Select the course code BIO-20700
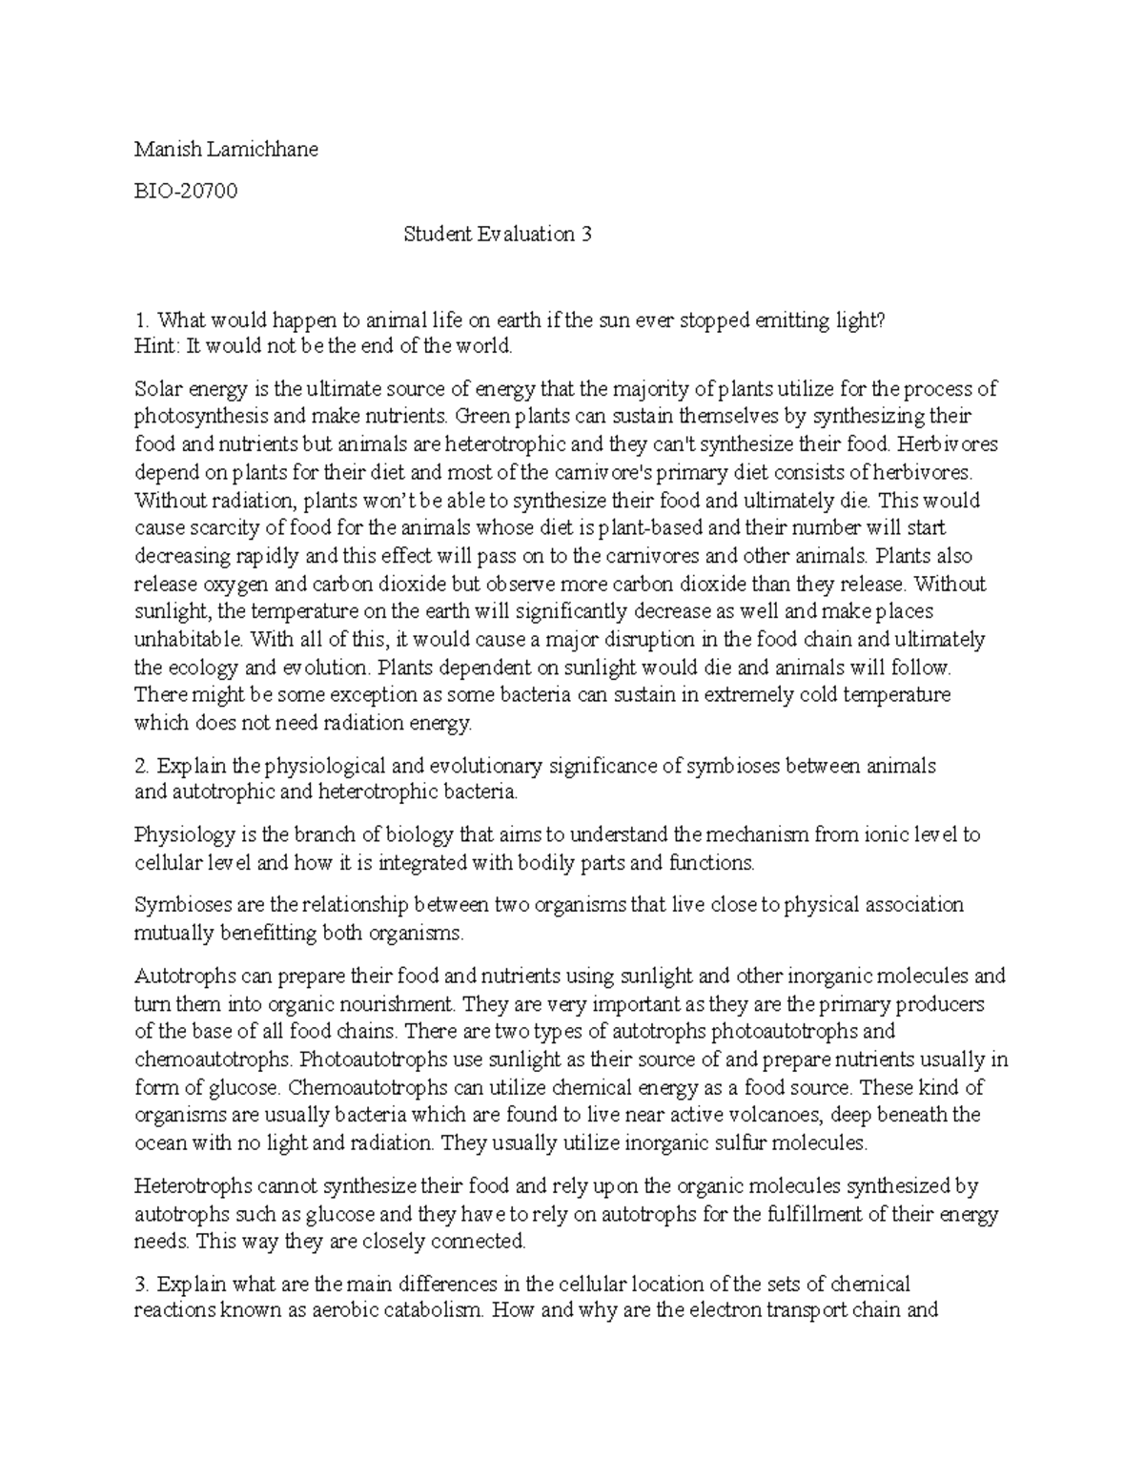pos(186,192)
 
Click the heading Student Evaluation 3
pos(497,234)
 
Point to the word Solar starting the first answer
pos(157,389)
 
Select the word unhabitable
pos(183,639)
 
